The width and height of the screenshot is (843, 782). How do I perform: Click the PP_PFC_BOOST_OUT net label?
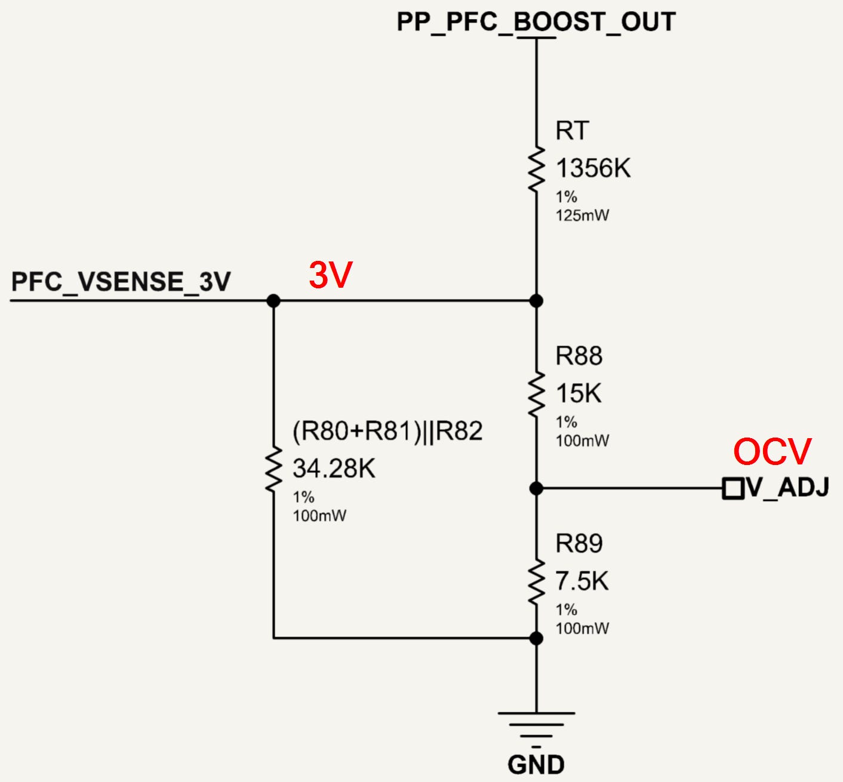(x=536, y=22)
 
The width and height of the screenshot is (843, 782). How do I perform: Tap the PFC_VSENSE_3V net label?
(x=121, y=282)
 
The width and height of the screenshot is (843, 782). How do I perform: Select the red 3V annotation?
(x=331, y=275)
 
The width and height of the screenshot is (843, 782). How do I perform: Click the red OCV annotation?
(x=773, y=452)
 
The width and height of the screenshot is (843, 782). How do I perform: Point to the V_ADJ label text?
(x=787, y=487)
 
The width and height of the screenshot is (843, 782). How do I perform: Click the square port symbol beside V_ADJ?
(x=733, y=488)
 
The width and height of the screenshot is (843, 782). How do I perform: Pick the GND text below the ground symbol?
(x=536, y=765)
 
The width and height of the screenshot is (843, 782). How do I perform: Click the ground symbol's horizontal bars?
(x=536, y=730)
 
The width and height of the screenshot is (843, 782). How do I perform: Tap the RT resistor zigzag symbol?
(x=537, y=170)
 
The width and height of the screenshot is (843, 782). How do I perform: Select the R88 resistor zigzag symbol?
(x=537, y=395)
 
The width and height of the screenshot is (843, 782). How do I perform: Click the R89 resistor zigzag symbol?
(x=537, y=581)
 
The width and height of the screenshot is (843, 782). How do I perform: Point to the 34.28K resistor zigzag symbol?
(x=274, y=470)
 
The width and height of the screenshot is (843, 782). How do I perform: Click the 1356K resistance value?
(x=593, y=168)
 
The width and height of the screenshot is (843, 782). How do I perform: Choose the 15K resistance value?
(x=579, y=393)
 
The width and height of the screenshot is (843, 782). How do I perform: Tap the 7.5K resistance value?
(x=582, y=581)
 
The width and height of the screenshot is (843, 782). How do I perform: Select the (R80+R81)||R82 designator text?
(x=387, y=432)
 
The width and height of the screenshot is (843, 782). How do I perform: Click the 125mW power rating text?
(x=582, y=215)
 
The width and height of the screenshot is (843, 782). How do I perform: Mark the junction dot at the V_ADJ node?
(x=537, y=488)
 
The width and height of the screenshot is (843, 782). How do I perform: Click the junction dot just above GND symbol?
(x=537, y=638)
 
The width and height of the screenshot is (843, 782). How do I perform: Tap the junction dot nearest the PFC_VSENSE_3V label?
(x=274, y=301)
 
